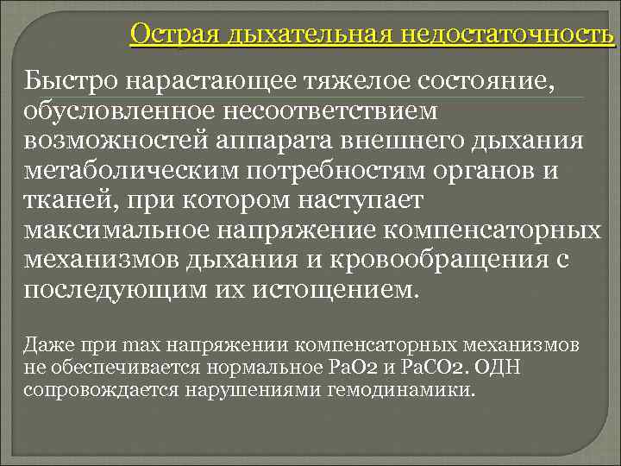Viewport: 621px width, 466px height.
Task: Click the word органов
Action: point(470,171)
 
